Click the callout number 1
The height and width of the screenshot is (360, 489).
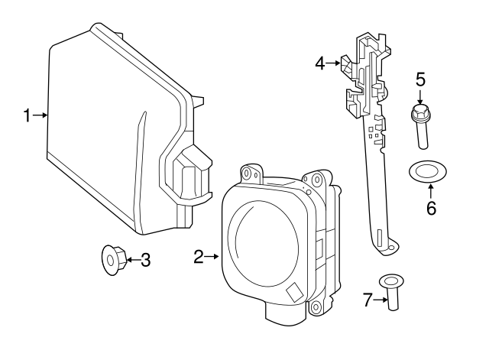pos(26,116)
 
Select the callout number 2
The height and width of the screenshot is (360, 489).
pos(198,258)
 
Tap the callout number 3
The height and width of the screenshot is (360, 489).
pos(145,261)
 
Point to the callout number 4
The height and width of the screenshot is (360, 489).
pos(321,64)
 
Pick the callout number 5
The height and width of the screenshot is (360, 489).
pos(419,79)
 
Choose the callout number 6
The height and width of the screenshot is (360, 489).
pos(431,208)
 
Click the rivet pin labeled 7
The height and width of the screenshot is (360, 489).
pos(393,294)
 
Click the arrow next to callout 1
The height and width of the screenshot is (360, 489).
pos(40,116)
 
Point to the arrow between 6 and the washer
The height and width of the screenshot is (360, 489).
pos(430,190)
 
